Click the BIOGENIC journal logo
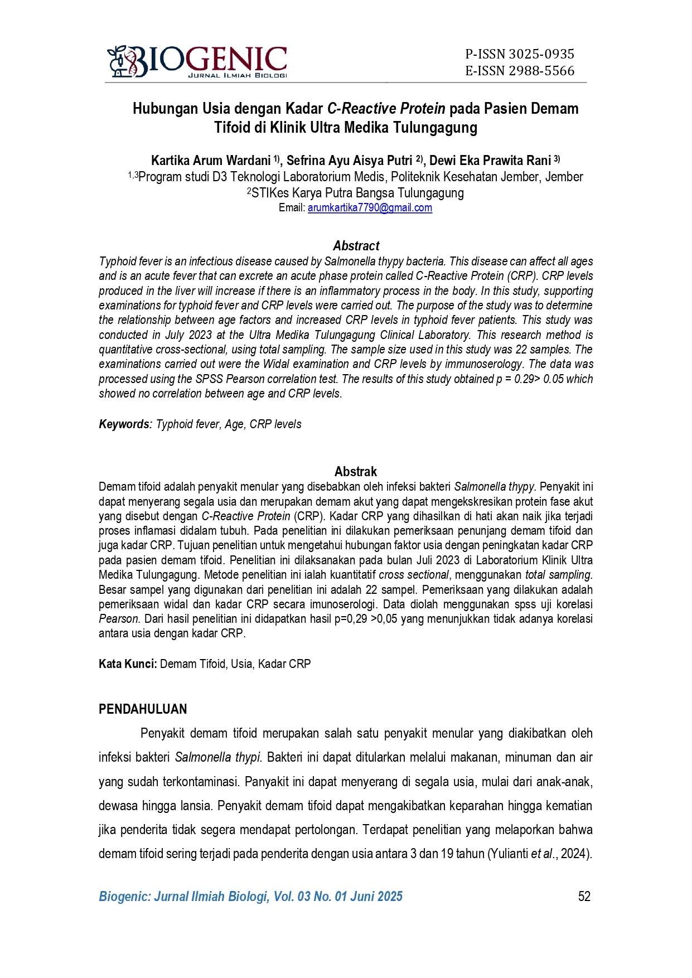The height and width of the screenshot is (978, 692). [x=197, y=61]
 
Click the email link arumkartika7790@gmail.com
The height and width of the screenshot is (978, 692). [x=370, y=208]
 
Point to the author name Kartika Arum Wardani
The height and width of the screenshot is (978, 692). [x=211, y=161]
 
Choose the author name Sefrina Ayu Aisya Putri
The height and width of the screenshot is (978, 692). [x=349, y=161]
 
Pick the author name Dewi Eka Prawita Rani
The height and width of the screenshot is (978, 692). [x=490, y=161]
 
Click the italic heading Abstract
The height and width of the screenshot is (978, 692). [x=356, y=246]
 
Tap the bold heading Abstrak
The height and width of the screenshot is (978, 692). [x=356, y=472]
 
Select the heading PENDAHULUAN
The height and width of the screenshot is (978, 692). [x=143, y=709]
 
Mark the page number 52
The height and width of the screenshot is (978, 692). [x=584, y=897]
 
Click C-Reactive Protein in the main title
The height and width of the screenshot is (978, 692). [x=386, y=108]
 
